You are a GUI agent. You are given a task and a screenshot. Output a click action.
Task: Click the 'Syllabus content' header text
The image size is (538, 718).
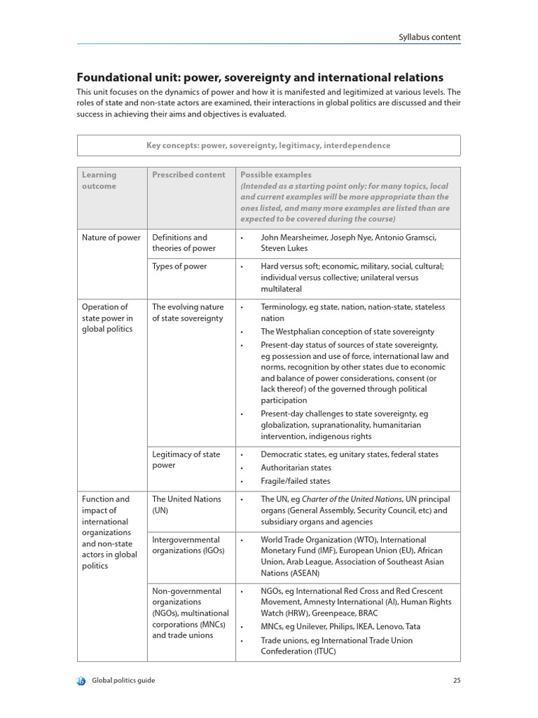point(429,37)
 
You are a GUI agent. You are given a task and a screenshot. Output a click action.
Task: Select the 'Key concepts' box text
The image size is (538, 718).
point(268,145)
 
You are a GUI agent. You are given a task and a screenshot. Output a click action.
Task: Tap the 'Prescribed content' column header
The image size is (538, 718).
point(188,175)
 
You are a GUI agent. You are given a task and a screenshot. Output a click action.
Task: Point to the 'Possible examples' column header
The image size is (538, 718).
point(276,175)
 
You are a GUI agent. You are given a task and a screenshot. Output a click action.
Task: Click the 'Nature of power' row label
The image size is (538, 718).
point(111,237)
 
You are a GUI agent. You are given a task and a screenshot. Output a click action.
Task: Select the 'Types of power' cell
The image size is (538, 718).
point(179,266)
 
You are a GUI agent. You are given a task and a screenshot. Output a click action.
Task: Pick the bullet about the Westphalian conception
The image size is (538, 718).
point(347,332)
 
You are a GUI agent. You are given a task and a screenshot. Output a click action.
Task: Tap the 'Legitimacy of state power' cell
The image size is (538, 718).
point(186,460)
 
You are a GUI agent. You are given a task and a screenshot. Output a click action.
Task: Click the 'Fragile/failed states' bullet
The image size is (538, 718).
point(295,481)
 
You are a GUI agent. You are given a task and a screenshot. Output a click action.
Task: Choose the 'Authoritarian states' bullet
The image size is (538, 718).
point(296,468)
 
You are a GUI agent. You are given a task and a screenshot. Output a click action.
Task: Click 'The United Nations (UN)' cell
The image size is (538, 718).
point(186,505)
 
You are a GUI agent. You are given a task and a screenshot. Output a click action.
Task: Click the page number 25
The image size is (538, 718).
point(456,680)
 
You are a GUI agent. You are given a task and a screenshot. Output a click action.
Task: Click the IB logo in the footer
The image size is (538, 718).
point(81,680)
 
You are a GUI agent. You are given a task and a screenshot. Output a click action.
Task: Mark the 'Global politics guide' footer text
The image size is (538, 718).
point(124,680)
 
